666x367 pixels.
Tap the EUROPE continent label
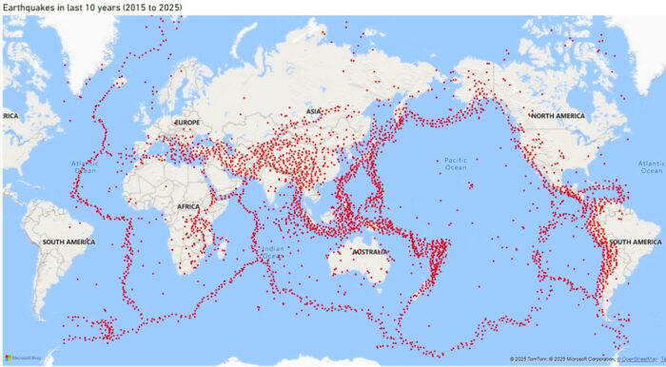(186, 124)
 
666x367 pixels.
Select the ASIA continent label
(313, 112)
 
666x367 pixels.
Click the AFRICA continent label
(188, 205)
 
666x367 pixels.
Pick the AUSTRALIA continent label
(370, 253)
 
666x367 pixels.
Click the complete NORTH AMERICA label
(556, 116)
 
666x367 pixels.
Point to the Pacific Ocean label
(457, 163)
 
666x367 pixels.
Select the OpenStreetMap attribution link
(638, 359)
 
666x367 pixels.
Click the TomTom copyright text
(529, 359)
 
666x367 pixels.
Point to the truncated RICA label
(10, 116)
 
